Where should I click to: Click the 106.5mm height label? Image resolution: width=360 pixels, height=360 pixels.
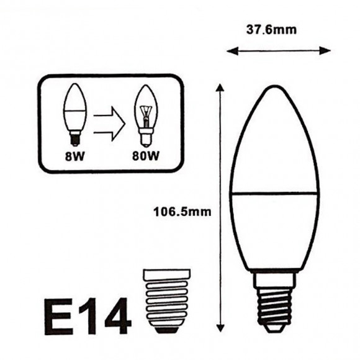(182, 211)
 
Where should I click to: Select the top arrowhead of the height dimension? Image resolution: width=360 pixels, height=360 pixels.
(218, 88)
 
